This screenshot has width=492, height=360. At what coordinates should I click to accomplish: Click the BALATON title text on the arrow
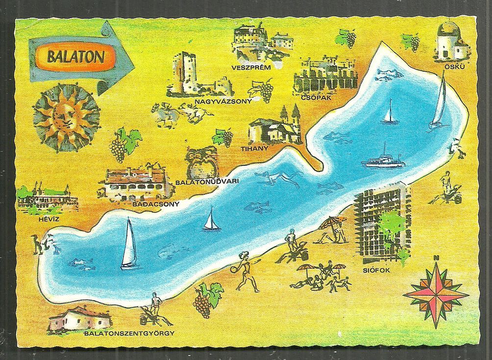pyautogui.click(x=75, y=56)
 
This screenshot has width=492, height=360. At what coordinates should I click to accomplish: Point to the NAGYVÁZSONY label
pyautogui.click(x=223, y=102)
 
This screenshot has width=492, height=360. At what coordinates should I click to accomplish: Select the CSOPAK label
pyautogui.click(x=317, y=97)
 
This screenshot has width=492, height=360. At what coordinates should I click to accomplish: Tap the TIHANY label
pyautogui.click(x=254, y=148)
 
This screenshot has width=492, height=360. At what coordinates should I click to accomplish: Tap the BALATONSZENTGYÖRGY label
pyautogui.click(x=129, y=334)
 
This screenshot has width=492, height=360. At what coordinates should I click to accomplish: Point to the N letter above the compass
pyautogui.click(x=436, y=258)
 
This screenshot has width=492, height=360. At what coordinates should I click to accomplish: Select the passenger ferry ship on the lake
pyautogui.click(x=383, y=160)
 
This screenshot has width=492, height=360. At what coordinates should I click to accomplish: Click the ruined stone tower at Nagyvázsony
pyautogui.click(x=181, y=74)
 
